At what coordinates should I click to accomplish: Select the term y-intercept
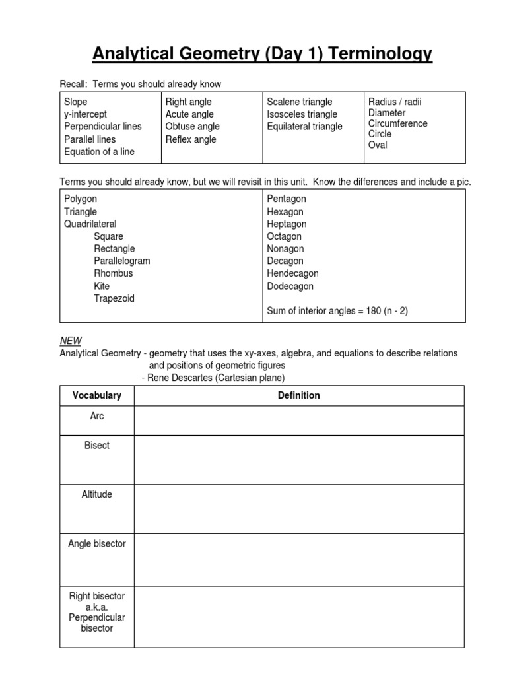(x=85, y=114)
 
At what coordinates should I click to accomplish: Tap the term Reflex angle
(x=191, y=139)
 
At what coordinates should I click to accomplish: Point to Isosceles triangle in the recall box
(x=302, y=114)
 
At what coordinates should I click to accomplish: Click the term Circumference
(x=397, y=123)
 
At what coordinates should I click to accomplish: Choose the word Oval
(x=378, y=144)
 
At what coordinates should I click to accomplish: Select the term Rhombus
(x=113, y=273)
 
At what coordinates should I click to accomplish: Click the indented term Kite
(x=102, y=286)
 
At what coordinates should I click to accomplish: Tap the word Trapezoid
(x=114, y=298)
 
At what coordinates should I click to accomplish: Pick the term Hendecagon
(x=292, y=273)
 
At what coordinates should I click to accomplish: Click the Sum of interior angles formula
(x=337, y=310)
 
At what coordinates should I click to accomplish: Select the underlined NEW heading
(x=71, y=341)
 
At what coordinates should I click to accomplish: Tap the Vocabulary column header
(x=97, y=395)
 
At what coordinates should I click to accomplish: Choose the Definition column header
(x=299, y=395)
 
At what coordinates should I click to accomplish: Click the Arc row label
(x=97, y=416)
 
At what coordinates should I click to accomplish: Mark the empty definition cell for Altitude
(x=299, y=509)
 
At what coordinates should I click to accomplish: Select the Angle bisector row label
(x=97, y=543)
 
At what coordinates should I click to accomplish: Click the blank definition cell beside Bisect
(x=299, y=460)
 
